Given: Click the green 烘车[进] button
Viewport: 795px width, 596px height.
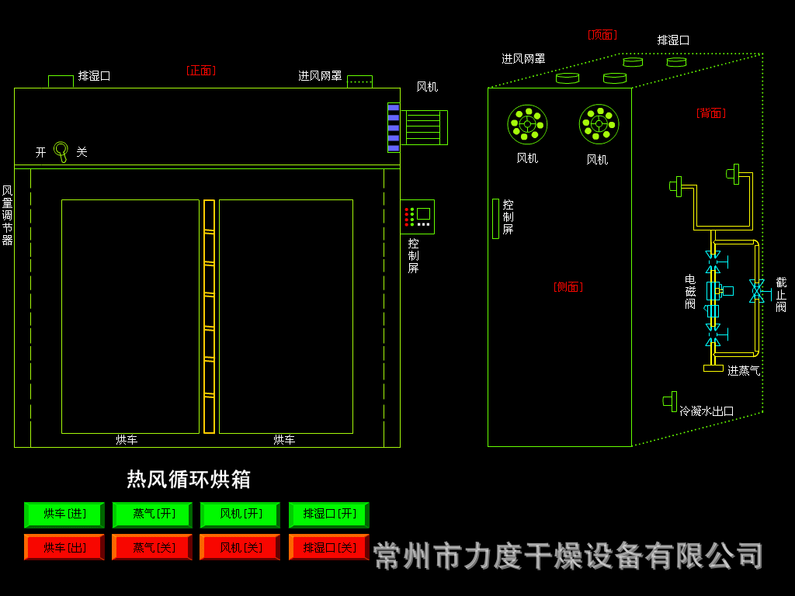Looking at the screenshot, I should click(x=64, y=514).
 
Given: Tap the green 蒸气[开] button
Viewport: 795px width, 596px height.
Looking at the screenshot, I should click(x=152, y=514).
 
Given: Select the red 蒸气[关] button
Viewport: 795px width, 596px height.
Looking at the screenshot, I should click(x=152, y=547).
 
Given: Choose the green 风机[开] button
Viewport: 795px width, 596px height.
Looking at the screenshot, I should click(x=240, y=514).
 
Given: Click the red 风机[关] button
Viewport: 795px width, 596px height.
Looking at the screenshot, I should click(x=240, y=547).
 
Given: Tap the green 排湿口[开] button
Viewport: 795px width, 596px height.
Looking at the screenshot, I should click(x=328, y=514).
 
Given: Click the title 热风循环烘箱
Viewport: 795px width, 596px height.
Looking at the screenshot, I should click(x=189, y=479).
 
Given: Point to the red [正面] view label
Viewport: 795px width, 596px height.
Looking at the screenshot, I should click(x=201, y=71).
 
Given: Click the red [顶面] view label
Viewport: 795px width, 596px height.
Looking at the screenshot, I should click(x=602, y=35).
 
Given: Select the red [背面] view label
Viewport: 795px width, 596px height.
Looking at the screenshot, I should click(x=710, y=113).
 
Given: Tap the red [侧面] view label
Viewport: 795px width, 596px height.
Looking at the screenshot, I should click(x=568, y=287).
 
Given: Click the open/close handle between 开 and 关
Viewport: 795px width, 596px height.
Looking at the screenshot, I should click(x=61, y=151).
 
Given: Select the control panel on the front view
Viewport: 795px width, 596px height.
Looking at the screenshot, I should click(x=418, y=217).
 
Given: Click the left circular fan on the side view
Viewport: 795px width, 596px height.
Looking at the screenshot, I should click(x=527, y=124).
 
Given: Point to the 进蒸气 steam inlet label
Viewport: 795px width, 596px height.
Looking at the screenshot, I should click(x=743, y=371).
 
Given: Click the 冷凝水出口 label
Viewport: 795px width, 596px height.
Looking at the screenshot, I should click(x=706, y=411).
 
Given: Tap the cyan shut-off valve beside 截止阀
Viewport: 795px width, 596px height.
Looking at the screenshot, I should click(x=756, y=291).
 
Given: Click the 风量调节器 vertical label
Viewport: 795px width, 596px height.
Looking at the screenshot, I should click(x=7, y=215).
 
